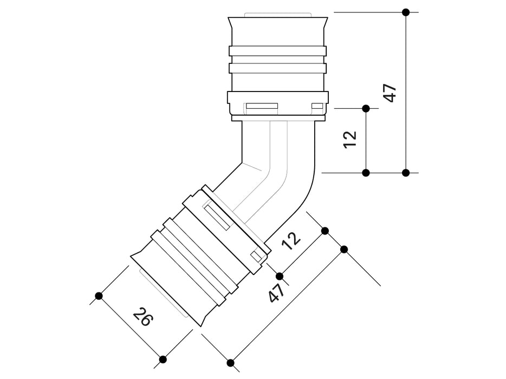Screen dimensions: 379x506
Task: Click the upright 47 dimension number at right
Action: coord(390,93)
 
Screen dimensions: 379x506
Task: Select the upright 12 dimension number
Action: coord(351,139)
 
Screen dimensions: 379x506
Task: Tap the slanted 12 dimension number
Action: coord(292,241)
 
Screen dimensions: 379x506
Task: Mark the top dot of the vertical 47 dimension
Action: coord(406,12)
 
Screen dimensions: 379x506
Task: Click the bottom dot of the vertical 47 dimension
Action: coord(406,173)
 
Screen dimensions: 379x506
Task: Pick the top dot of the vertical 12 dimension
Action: coord(366,108)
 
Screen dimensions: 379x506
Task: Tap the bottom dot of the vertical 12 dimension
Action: coord(366,173)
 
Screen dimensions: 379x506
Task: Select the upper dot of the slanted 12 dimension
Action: coord(325,231)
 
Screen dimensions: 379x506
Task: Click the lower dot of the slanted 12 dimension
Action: coord(280,276)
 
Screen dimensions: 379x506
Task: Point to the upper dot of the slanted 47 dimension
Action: coord(344,249)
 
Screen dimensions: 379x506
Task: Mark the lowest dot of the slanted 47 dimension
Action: coord(230,363)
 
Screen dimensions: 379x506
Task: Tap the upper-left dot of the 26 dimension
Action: coord(99,296)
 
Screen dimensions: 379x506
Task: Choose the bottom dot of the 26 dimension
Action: coord(163,359)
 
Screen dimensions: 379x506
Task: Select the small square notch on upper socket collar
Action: coord(316,106)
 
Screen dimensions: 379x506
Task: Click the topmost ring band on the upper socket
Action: coord(277,51)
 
